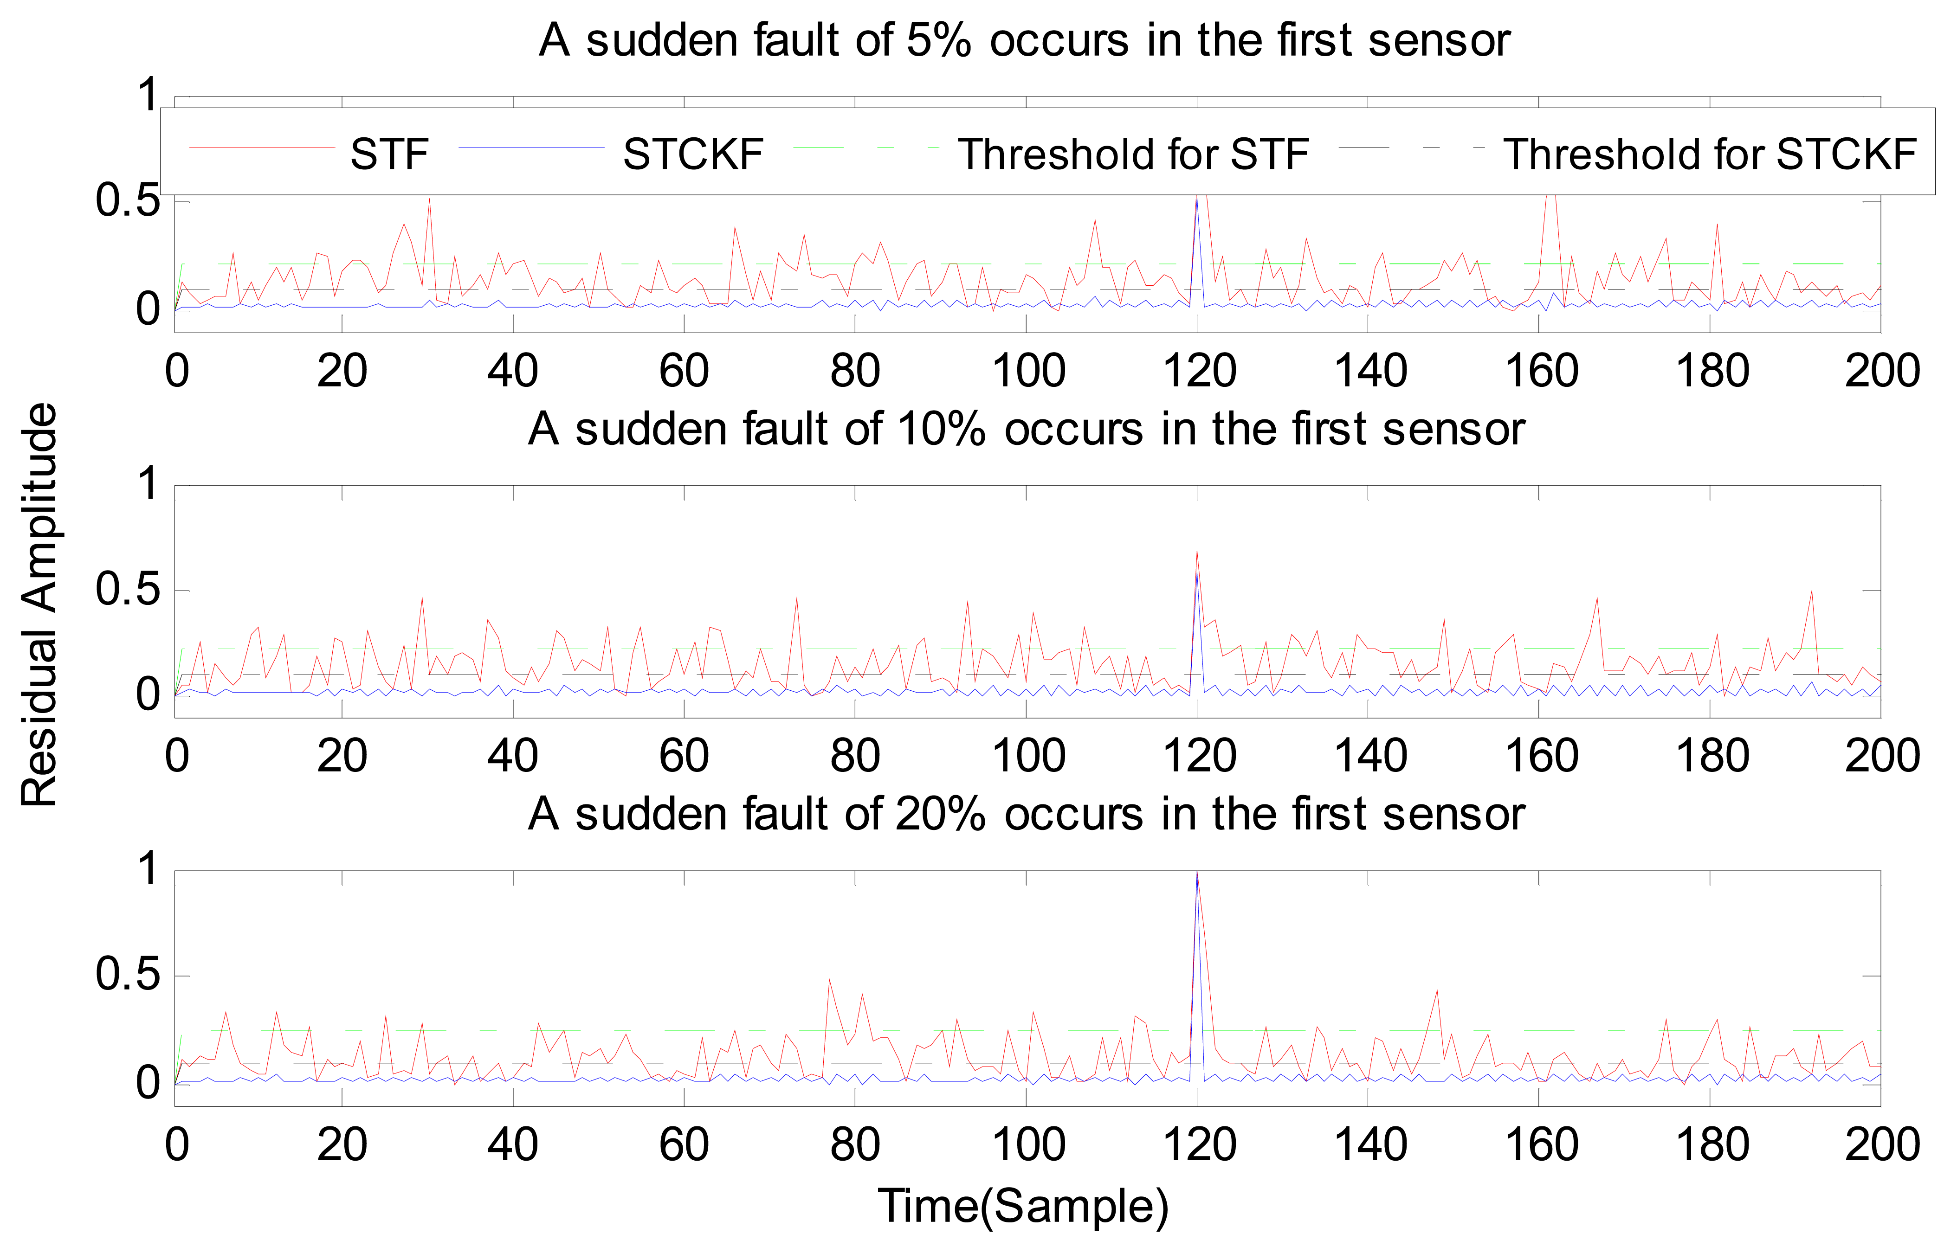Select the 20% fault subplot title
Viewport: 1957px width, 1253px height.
point(1025,814)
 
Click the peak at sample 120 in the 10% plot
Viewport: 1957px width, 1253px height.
point(1197,553)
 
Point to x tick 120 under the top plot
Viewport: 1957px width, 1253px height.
point(1199,371)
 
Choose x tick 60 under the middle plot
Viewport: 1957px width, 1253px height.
point(684,756)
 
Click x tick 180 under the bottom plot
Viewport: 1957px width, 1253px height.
point(1711,1145)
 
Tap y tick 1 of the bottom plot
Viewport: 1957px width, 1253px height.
point(147,869)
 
